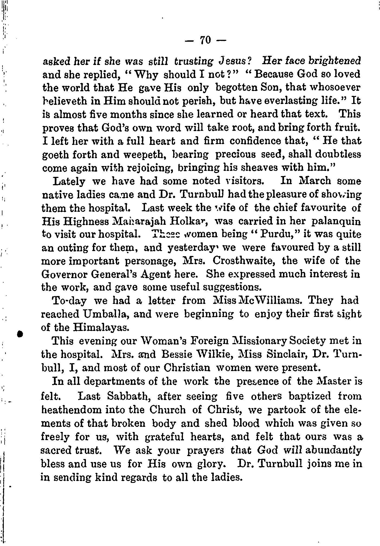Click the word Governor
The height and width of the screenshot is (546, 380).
65,274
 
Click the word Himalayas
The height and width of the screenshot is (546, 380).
100,327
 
